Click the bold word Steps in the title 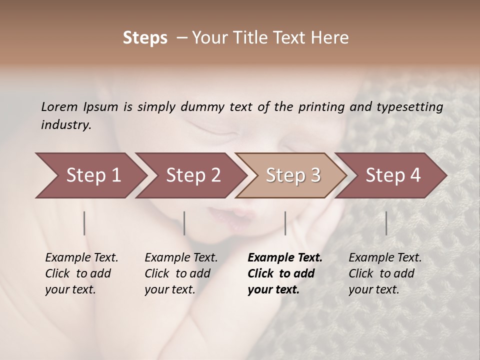[145, 38]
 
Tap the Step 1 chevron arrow [90, 175]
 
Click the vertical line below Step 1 [84, 223]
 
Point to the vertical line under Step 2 [184, 223]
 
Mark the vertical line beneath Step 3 [285, 223]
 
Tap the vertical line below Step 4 [386, 223]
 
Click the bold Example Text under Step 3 [285, 273]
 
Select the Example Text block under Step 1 [81, 273]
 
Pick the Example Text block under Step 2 [181, 273]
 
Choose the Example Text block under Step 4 [385, 273]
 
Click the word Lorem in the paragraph [59, 106]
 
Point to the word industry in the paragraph [66, 124]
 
